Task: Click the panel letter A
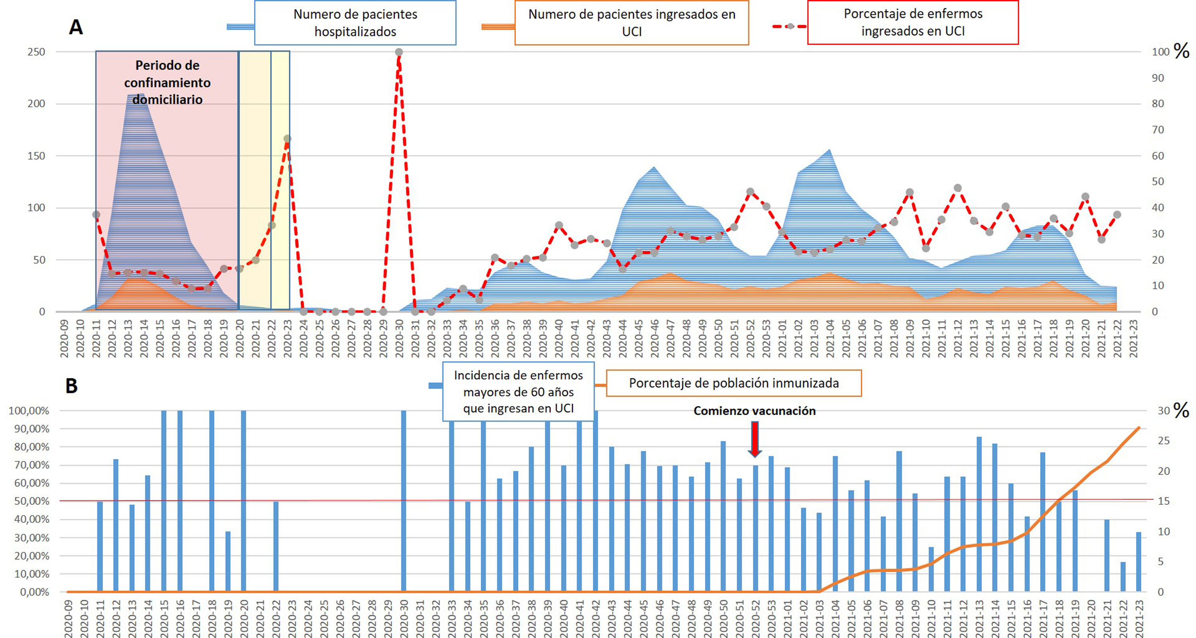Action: point(76,27)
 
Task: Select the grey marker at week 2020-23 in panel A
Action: point(287,139)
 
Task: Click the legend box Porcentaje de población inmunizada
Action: point(734,383)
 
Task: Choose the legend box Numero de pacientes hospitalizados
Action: point(355,23)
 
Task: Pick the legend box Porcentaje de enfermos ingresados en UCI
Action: point(913,22)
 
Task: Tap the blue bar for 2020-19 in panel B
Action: point(228,562)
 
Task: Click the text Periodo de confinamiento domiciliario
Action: point(167,83)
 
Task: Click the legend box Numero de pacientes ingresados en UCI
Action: point(631,23)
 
